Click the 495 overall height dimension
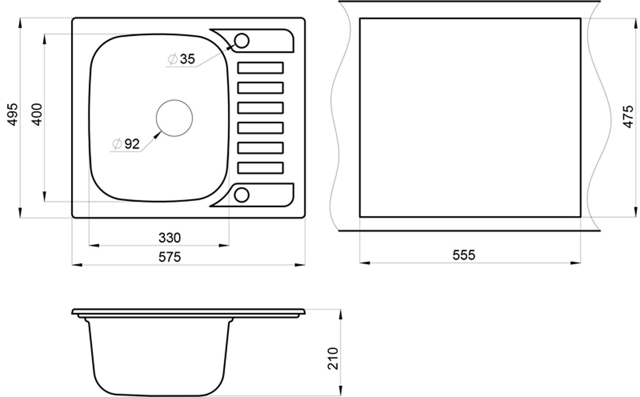click(x=12, y=114)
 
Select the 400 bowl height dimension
click(x=37, y=114)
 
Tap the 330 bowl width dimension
click(x=170, y=238)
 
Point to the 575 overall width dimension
click(x=170, y=257)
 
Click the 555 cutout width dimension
click(x=464, y=255)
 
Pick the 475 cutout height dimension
click(x=628, y=117)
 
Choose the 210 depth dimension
click(x=333, y=358)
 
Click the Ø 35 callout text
click(x=182, y=59)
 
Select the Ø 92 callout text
click(x=126, y=144)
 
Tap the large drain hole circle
click(x=174, y=100)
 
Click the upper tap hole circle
click(x=242, y=33)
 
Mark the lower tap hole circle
click(x=242, y=188)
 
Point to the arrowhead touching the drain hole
click(x=158, y=135)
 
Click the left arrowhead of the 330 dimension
click(x=94, y=245)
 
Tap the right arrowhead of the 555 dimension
click(x=576, y=263)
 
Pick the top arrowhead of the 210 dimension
click(x=340, y=315)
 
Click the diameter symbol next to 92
click(x=117, y=144)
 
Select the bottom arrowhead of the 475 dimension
click(x=636, y=212)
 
